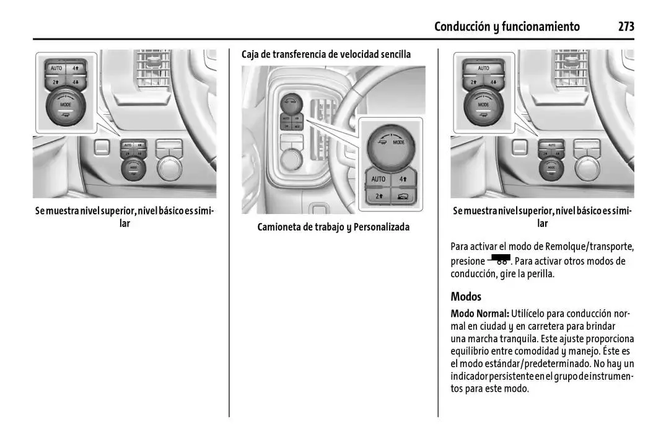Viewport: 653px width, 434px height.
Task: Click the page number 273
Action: point(625,26)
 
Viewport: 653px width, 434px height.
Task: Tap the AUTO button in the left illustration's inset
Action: point(56,68)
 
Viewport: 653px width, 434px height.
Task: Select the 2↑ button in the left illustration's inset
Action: point(56,82)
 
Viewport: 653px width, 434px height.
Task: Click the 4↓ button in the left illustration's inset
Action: point(76,82)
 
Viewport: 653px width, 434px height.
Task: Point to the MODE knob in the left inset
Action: point(66,107)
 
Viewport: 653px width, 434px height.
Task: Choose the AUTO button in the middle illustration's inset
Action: point(378,179)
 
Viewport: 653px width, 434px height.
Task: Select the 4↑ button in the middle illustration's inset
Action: point(403,179)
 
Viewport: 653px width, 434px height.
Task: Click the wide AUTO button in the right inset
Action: point(483,68)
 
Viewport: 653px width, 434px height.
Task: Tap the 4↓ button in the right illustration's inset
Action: point(493,82)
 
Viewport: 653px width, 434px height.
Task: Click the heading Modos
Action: point(466,296)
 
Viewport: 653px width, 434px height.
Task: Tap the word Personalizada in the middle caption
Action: point(382,227)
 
